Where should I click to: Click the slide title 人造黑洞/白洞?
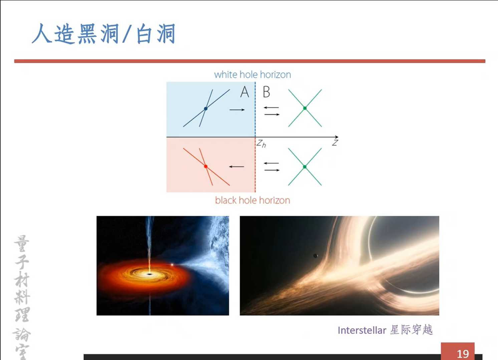[x=103, y=34]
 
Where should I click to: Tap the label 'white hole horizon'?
[x=252, y=74]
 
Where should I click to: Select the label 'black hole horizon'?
[x=252, y=200]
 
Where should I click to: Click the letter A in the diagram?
[x=244, y=92]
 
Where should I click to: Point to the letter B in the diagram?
[x=266, y=92]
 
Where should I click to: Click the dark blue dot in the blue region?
[x=206, y=108]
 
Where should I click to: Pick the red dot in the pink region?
[x=206, y=166]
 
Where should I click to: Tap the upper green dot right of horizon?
[x=305, y=108]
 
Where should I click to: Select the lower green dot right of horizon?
[x=305, y=167]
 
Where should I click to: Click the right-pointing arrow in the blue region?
[x=237, y=110]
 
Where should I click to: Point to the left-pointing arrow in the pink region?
[x=237, y=166]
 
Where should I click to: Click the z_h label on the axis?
[x=261, y=144]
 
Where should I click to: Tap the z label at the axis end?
[x=335, y=143]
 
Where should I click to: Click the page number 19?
[x=463, y=353]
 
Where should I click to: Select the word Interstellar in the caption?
[x=362, y=330]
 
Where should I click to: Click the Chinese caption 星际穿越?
[x=412, y=330]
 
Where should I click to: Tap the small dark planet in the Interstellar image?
[x=315, y=256]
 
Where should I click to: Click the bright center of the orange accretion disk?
[x=150, y=274]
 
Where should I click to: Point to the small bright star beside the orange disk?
[x=172, y=265]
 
